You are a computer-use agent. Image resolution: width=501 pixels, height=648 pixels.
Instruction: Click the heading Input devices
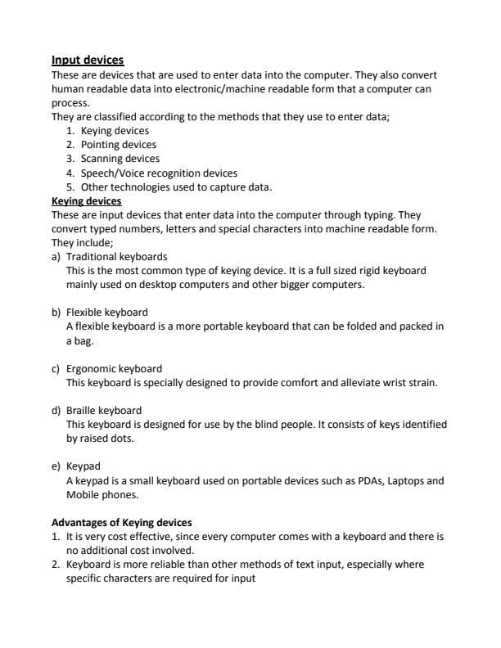point(88,60)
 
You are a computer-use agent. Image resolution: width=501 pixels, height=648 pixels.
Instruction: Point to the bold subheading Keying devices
point(86,200)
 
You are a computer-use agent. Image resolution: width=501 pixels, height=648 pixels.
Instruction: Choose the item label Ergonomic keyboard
point(114,368)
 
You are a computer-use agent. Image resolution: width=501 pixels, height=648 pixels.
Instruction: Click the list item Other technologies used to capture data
point(169,187)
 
